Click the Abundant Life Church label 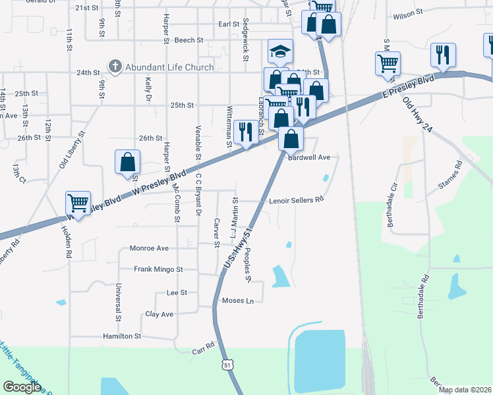coord(170,67)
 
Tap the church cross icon coord(115,66)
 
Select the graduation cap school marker coord(281,51)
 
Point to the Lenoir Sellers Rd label coord(296,199)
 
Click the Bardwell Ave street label coord(308,157)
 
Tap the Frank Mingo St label coord(158,269)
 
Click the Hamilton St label coord(122,336)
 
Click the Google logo coord(22,387)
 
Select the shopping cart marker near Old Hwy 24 coord(388,64)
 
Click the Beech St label coord(189,40)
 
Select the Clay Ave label coord(159,314)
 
